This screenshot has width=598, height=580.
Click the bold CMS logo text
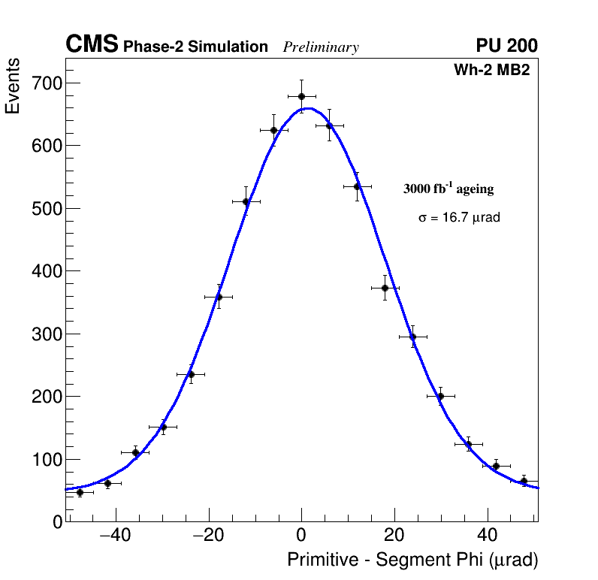(x=92, y=45)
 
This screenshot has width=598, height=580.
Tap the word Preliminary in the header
(x=321, y=47)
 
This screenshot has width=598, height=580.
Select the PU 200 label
(x=506, y=46)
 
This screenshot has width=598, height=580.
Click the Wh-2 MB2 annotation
(x=491, y=71)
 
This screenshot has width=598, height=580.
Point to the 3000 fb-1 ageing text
(x=448, y=189)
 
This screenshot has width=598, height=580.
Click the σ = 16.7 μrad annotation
(x=459, y=218)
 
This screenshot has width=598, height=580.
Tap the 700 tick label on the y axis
(x=46, y=83)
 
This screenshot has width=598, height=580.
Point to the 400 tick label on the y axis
(x=46, y=271)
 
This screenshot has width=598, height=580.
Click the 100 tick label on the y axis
(x=46, y=460)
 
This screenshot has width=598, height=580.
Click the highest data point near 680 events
(x=301, y=96)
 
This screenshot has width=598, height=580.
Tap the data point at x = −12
(x=246, y=201)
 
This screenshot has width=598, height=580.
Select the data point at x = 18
(x=385, y=288)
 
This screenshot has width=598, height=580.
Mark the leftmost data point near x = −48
(x=80, y=492)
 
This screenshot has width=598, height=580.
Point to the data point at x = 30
(x=440, y=396)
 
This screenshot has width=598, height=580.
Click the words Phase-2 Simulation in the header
(x=195, y=47)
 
